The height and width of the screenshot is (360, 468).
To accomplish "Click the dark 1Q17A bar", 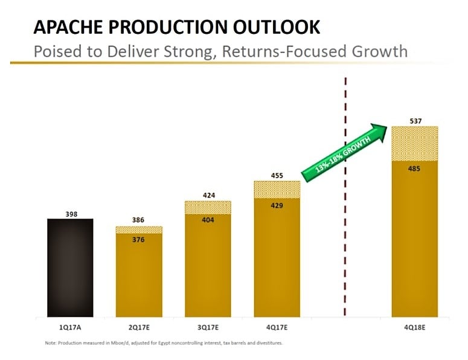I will click(x=70, y=267).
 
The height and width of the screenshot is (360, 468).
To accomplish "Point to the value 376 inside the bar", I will click(x=139, y=240).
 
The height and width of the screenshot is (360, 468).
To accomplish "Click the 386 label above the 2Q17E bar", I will click(x=139, y=220).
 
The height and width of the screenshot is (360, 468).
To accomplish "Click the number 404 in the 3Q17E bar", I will click(x=208, y=220).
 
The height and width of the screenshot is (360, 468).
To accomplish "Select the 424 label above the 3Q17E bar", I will click(x=208, y=195).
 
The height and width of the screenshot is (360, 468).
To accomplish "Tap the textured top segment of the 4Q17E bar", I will click(x=277, y=189).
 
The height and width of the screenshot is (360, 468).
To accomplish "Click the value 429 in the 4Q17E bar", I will click(x=277, y=205).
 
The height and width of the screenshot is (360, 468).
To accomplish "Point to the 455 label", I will click(x=277, y=175).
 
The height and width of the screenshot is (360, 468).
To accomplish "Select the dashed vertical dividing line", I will click(x=345, y=242).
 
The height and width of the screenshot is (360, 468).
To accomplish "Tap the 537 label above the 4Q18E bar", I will click(x=415, y=121).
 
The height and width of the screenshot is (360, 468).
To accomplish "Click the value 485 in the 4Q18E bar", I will click(x=415, y=169).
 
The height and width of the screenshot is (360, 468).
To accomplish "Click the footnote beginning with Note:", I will click(x=163, y=343).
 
